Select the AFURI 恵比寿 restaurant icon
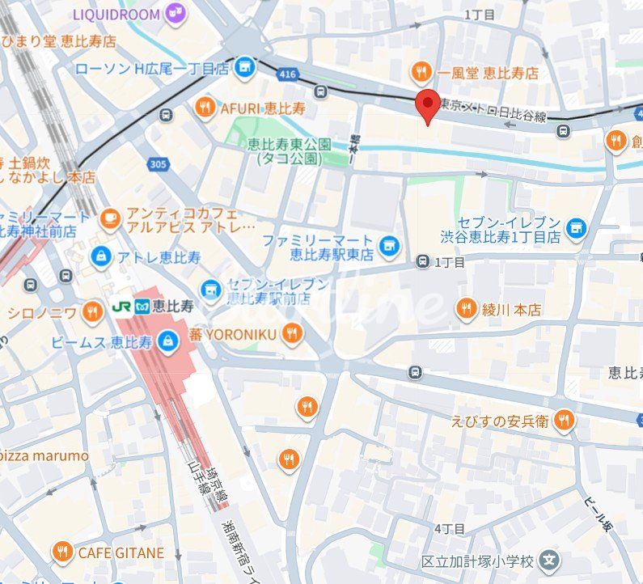pos(205,107)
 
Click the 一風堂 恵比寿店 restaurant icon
pos(420,73)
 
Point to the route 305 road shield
pos(158,164)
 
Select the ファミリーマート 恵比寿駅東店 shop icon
pos(389,244)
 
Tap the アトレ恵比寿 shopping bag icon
pos(101,257)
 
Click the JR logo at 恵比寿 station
pos(122,307)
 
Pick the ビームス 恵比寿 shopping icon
pos(168,342)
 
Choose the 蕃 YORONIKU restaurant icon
pos(292,333)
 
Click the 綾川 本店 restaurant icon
pos(465,309)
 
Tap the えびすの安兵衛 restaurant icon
pos(565,420)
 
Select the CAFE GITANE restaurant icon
pos(62,553)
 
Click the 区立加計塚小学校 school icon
pos(549,560)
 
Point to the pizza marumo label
pos(44,455)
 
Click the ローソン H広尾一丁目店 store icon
pos(245,69)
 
